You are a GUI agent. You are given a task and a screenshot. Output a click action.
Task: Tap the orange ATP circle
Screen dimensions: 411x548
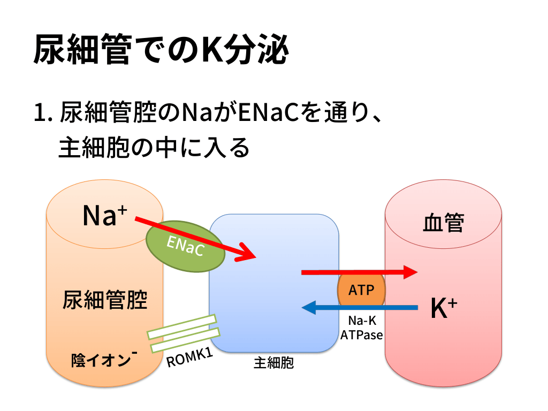point(361,291)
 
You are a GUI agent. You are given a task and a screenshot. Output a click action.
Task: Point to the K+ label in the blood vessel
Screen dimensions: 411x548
point(444,308)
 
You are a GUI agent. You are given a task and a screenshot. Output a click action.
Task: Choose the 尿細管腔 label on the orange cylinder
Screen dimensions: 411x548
point(105,300)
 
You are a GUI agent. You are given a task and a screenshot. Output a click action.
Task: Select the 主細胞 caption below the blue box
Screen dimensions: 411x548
point(273,363)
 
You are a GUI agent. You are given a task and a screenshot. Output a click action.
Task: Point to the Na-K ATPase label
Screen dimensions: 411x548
point(361,328)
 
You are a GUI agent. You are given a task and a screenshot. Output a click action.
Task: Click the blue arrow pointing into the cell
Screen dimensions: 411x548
point(359,307)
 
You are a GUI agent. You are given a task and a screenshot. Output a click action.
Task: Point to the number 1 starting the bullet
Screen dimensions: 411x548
point(39,113)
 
